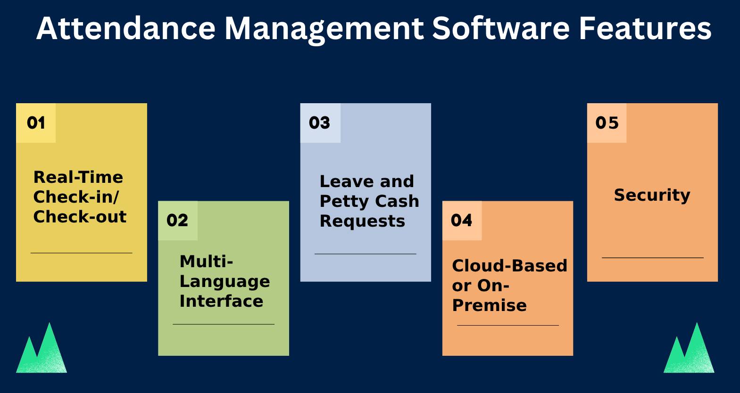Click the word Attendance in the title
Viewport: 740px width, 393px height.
(x=126, y=28)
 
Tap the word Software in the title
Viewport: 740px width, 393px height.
(x=500, y=28)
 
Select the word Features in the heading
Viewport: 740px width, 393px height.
(x=645, y=28)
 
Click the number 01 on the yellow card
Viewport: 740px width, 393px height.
(x=36, y=123)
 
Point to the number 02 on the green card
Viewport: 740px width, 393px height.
(x=177, y=221)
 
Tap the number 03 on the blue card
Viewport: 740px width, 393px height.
(x=320, y=123)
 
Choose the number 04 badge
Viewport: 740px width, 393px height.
(x=461, y=221)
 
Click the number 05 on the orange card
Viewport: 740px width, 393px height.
(x=607, y=123)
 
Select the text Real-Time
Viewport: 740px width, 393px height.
(x=78, y=177)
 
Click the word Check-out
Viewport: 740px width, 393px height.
(x=80, y=217)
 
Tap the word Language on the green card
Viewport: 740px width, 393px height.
(x=224, y=281)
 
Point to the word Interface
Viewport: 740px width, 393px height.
(x=221, y=301)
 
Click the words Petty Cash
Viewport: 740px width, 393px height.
(x=369, y=201)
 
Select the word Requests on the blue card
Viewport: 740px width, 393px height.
(x=362, y=221)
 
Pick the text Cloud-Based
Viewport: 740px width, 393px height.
(x=509, y=266)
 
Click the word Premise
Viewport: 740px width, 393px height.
(x=489, y=305)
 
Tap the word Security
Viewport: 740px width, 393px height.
(x=652, y=195)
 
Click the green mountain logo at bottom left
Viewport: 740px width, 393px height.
(x=42, y=350)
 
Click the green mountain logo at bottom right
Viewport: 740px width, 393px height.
(x=689, y=350)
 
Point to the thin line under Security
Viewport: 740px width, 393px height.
(x=652, y=258)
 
